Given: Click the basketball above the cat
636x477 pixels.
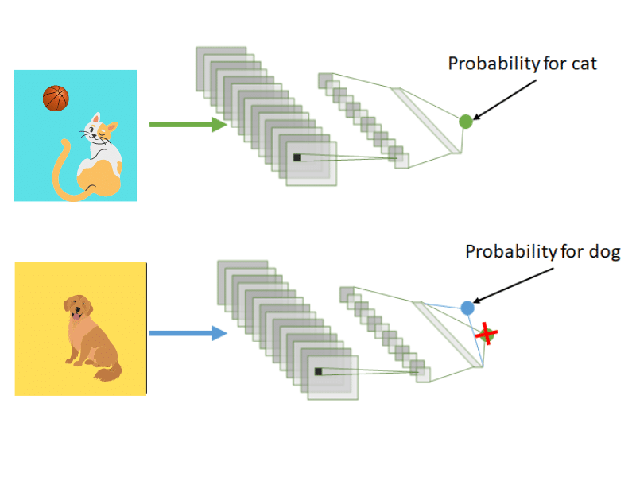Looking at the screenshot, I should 56,99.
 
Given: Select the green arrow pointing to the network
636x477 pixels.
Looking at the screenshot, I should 188,124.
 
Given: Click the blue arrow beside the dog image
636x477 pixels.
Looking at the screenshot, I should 188,333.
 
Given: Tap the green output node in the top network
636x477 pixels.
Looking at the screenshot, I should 466,121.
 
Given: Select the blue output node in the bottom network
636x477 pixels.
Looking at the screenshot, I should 467,308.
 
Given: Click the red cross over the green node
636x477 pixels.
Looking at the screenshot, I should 485,335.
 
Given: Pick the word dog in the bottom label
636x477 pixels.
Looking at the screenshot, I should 603,253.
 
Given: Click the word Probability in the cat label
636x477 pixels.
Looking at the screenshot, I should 494,64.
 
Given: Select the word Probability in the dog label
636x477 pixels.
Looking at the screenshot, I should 510,253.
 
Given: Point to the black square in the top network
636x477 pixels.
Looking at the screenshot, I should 297,157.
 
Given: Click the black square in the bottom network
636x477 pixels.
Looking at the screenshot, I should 318,371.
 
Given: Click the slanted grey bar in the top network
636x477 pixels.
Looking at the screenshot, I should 430,119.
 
